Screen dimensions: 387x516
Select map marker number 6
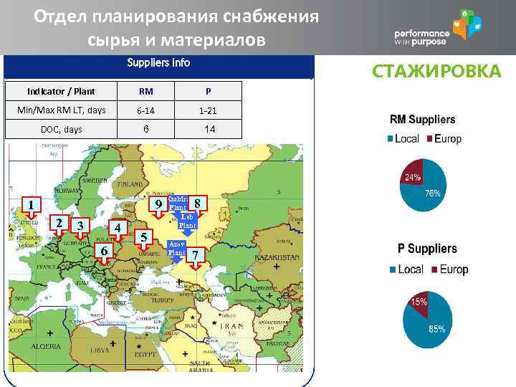105,251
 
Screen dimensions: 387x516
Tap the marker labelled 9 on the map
158,205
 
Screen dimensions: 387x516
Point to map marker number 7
197,257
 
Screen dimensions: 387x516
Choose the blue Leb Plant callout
187,221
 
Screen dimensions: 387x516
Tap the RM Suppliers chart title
422,120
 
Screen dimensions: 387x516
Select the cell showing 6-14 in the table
145,111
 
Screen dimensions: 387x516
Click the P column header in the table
207,92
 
